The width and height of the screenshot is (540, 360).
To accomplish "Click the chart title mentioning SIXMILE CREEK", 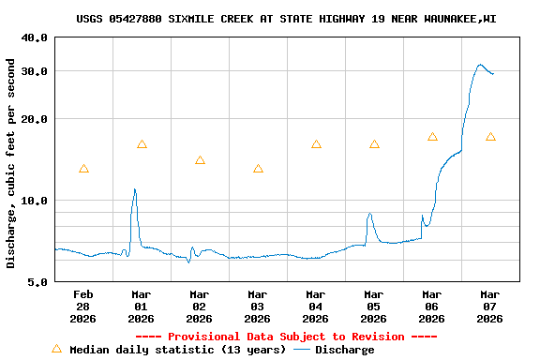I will (x=286, y=18).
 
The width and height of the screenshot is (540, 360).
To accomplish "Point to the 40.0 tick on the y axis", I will (x=35, y=37).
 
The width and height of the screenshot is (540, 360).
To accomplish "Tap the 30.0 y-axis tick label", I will (x=35, y=71).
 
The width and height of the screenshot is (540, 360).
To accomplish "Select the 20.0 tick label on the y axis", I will (x=35, y=119).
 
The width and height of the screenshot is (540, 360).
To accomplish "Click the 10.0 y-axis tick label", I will (x=35, y=201).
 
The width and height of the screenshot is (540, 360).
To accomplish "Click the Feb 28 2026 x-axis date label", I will (x=83, y=306).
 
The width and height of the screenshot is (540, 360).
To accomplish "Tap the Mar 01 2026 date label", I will (x=142, y=306).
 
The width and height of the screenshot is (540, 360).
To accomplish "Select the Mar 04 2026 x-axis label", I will (x=316, y=306).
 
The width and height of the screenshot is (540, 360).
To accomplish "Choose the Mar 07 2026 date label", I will (x=490, y=306).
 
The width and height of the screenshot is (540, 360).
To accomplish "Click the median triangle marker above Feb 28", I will (x=83, y=169).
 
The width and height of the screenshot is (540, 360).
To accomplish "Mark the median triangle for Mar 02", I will (x=200, y=160).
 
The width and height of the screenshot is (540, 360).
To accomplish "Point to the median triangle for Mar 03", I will (x=258, y=169).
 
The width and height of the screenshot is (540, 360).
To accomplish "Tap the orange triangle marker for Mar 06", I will (x=432, y=137).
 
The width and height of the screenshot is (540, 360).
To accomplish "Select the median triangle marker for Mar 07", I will (x=490, y=137).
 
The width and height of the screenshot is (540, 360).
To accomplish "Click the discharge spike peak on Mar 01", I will (x=135, y=189).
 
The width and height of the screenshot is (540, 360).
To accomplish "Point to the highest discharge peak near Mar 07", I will (x=480, y=65).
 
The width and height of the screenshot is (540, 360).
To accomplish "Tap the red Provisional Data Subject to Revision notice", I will (x=286, y=337).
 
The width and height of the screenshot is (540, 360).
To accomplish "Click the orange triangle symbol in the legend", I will (x=56, y=349).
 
